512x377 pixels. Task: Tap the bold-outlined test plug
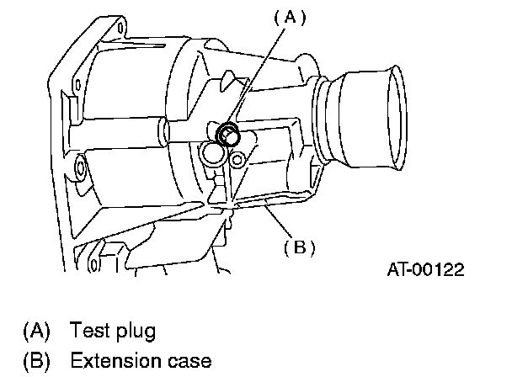pyautogui.click(x=227, y=134)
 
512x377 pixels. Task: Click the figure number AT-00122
pyautogui.click(x=427, y=270)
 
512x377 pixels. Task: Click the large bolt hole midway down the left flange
pyautogui.click(x=81, y=171)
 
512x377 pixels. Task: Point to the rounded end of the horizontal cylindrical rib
pyautogui.click(x=160, y=131)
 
